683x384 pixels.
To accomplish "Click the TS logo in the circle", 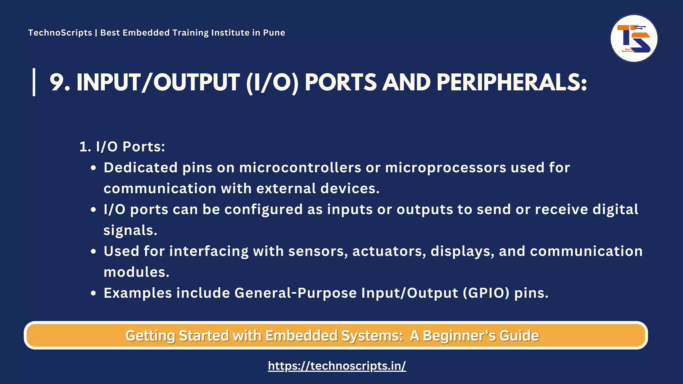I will coord(634,39).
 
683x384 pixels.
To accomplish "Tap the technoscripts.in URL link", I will coord(337,366).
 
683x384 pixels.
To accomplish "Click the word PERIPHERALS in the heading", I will coord(512,82).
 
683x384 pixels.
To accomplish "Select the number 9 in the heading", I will coord(57,82).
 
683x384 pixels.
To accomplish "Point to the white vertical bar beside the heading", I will coord(34,82).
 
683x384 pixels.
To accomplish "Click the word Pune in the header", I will coord(274,33).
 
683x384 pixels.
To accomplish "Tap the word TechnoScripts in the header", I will coord(60,33).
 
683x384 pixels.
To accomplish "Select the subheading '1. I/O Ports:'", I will coord(122,147).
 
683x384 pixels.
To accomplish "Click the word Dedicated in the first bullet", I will coord(140,168).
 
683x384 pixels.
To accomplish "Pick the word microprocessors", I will coord(446,168).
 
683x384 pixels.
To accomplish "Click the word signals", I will coord(130,230).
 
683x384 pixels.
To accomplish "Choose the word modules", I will coord(136,272).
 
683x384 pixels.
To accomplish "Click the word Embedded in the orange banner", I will coord(301,336).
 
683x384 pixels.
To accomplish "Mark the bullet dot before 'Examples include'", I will coord(94,293).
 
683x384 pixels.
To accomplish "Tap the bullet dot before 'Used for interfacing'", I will coord(94,251).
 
